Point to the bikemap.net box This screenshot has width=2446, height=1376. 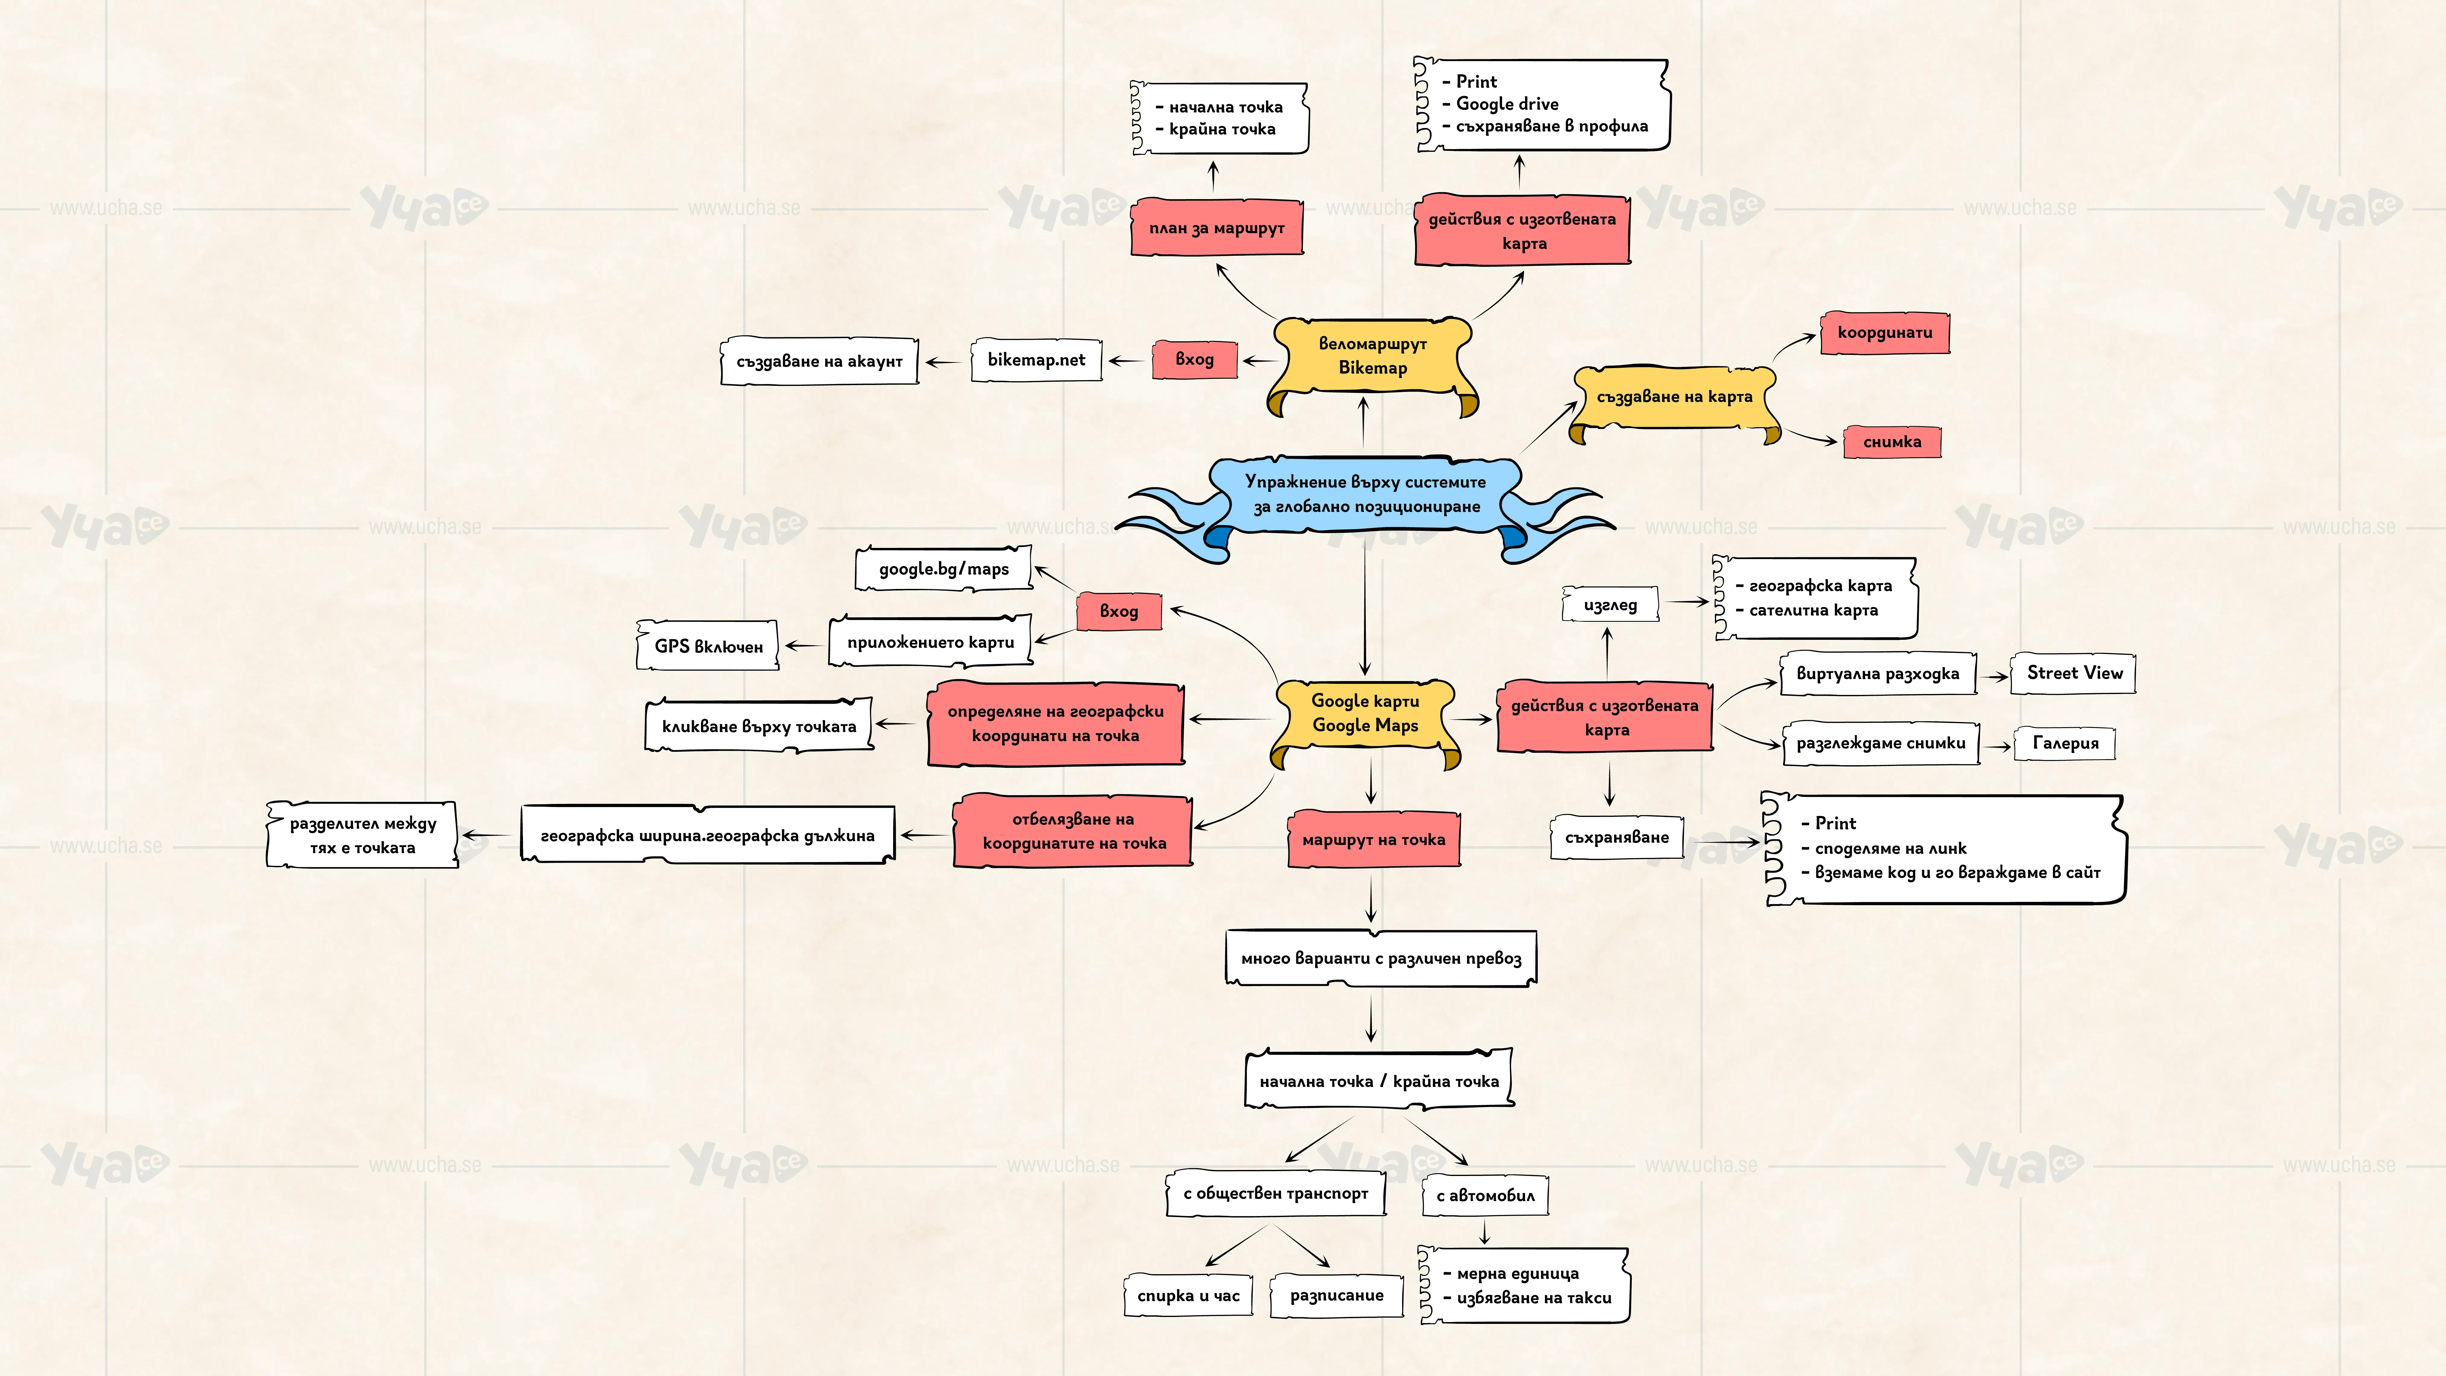click(x=1036, y=360)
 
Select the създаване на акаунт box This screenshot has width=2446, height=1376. click(x=819, y=361)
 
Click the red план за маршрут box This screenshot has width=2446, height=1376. click(x=1216, y=228)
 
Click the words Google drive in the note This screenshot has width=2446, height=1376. click(x=1507, y=104)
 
